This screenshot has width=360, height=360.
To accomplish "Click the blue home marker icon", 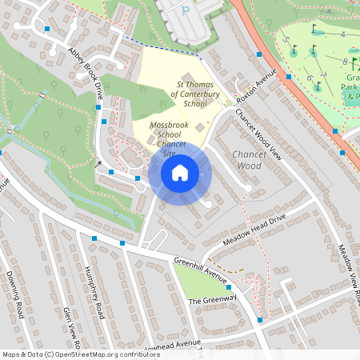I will click(180, 173).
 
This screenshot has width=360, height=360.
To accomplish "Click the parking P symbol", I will click(185, 11).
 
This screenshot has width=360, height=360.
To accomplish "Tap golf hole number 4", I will click(342, 34).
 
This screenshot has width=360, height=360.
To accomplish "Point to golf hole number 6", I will click(308, 78).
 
